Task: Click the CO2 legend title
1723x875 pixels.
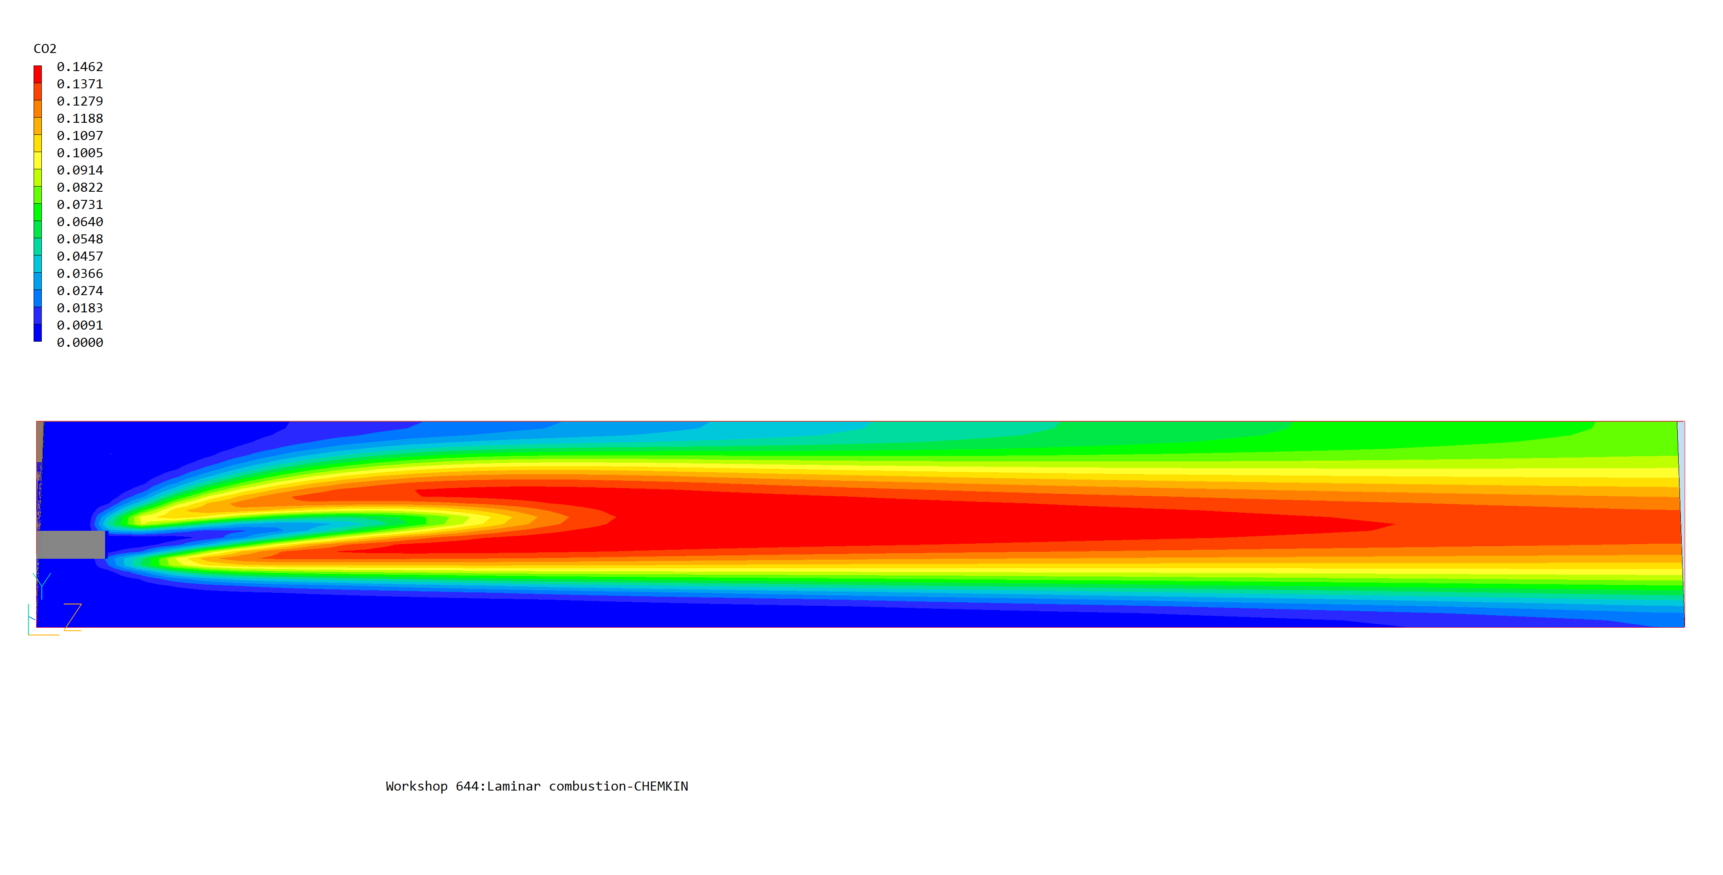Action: point(45,49)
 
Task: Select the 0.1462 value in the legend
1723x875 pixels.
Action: point(80,67)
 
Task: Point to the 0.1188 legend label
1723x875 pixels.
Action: point(80,118)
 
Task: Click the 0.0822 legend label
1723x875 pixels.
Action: point(80,187)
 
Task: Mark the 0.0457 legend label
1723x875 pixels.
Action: point(80,256)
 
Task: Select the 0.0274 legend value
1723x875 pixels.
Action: point(80,291)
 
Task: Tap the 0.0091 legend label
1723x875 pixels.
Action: point(80,325)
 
